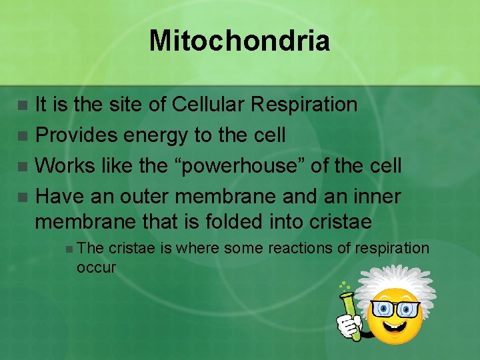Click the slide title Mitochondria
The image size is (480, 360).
click(x=239, y=40)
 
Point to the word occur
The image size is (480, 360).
click(x=96, y=268)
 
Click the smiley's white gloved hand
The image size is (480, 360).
click(x=347, y=325)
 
